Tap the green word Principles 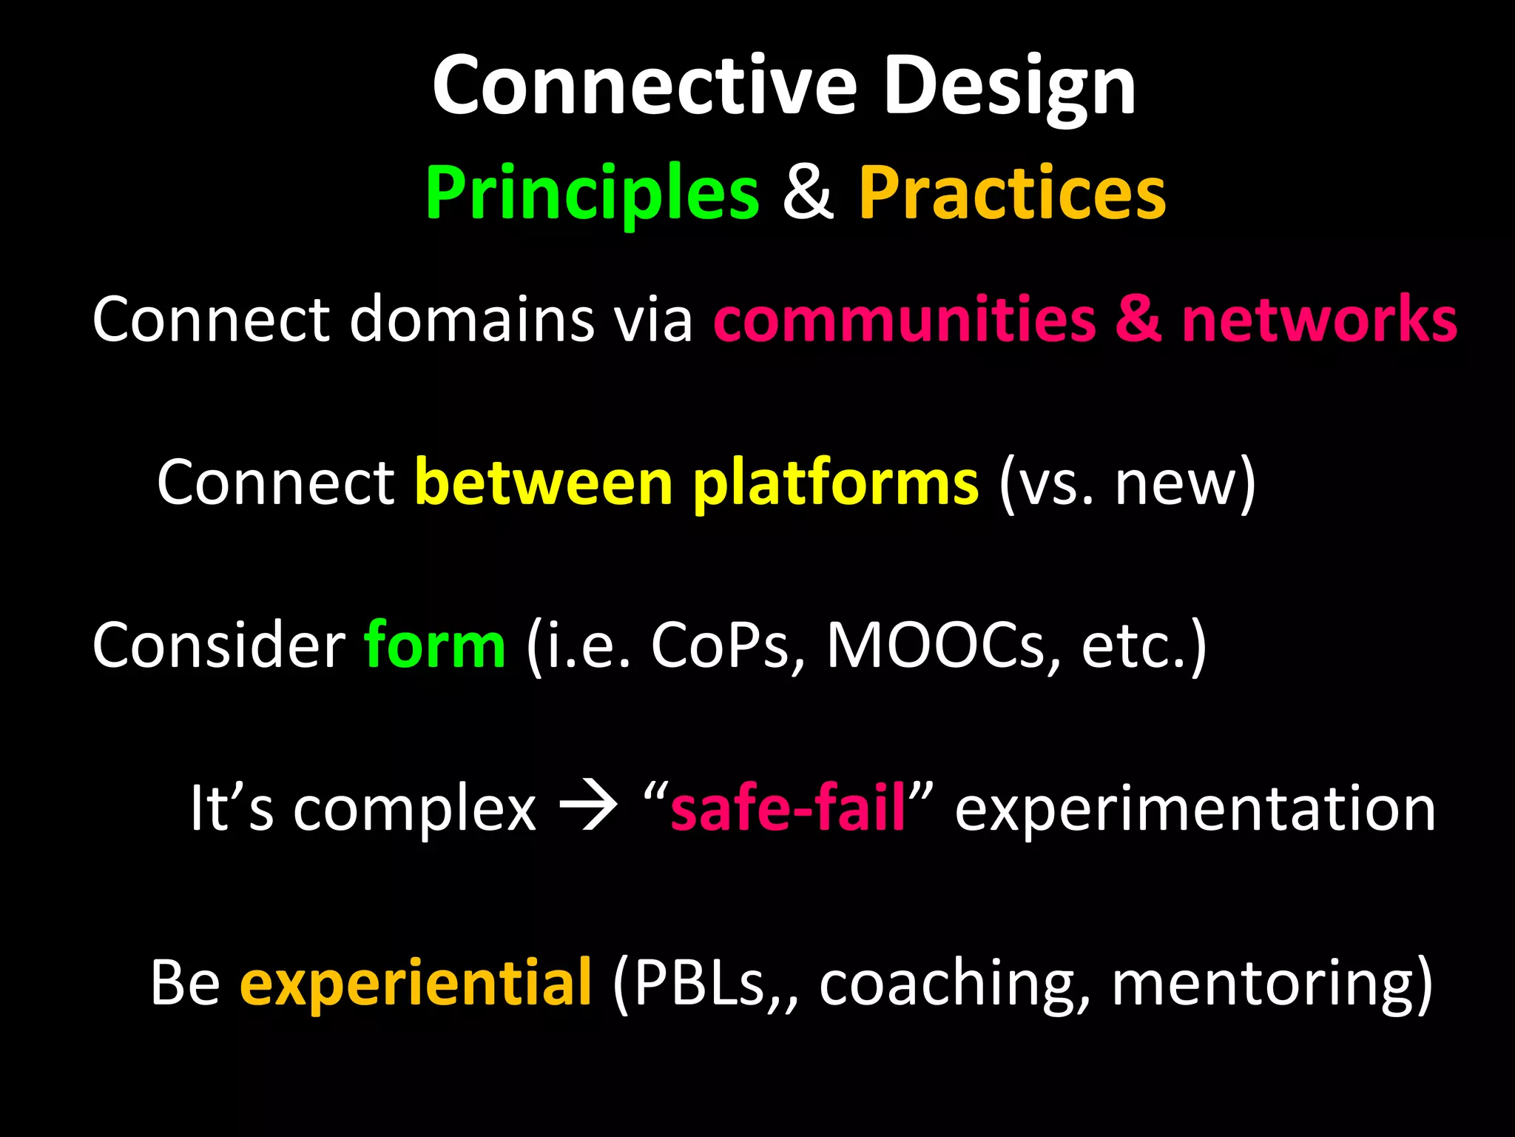[593, 194]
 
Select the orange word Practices [1012, 194]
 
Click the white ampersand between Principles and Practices [809, 194]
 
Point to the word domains [471, 320]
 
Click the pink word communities [904, 320]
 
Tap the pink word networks [1319, 320]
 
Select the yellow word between [544, 483]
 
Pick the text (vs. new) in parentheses [1127, 483]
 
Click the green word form [435, 645]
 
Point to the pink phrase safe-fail [787, 808]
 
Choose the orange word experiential [416, 984]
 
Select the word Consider [219, 645]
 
